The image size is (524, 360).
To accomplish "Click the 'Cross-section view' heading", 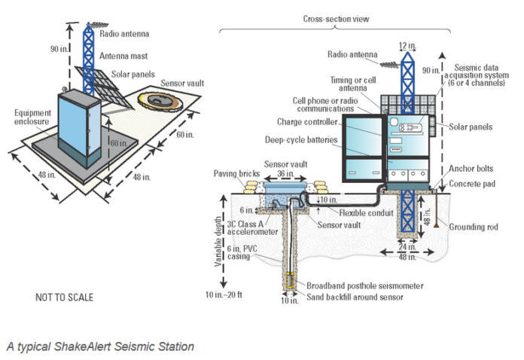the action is [x=336, y=19].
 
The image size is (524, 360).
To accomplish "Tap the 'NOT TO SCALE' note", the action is [x=65, y=297].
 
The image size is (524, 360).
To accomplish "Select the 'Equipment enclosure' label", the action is [x=32, y=117].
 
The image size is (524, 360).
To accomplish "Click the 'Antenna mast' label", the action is [x=123, y=56].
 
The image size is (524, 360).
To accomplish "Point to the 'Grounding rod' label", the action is [x=474, y=227].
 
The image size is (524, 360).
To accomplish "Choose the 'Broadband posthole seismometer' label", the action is [x=365, y=285].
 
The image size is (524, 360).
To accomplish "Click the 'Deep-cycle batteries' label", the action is [x=301, y=140].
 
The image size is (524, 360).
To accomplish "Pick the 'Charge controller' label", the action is [x=307, y=122].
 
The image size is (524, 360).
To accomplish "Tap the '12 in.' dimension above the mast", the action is [x=407, y=45].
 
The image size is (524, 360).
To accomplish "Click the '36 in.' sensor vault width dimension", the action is [x=285, y=174].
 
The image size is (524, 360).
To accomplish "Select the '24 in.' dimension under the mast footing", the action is [x=407, y=247].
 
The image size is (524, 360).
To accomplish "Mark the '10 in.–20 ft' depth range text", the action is [x=224, y=294].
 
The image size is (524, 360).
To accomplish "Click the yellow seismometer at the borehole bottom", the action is [x=290, y=280].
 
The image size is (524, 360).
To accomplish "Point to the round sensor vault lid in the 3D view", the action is [x=160, y=100].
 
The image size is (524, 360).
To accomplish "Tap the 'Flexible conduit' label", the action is [x=366, y=213].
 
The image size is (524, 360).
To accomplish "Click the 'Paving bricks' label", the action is [x=236, y=173].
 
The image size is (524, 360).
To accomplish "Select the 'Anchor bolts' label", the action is [x=471, y=169].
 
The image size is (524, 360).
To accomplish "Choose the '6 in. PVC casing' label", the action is [x=242, y=252].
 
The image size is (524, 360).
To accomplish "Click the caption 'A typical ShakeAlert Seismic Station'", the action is [x=100, y=346].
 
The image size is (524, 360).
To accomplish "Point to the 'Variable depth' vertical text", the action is [x=218, y=241].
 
